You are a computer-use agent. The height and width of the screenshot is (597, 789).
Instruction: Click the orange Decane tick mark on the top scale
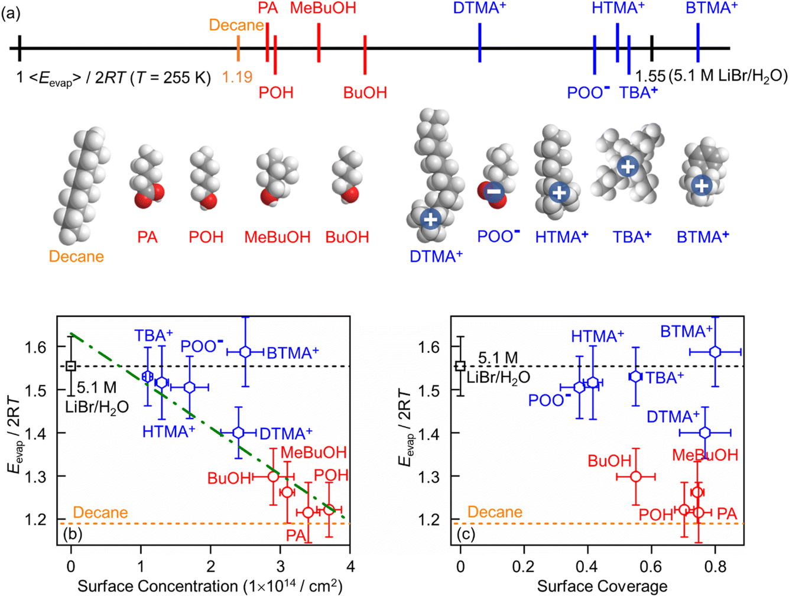[x=238, y=48]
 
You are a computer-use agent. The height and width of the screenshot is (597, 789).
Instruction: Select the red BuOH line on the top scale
[x=365, y=54]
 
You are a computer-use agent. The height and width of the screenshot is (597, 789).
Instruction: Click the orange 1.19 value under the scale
[x=237, y=77]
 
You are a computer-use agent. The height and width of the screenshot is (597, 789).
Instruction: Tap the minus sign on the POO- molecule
[x=494, y=191]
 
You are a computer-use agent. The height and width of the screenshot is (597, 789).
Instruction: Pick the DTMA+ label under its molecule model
[x=436, y=257]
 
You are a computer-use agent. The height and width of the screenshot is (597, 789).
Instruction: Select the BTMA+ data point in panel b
[x=245, y=352]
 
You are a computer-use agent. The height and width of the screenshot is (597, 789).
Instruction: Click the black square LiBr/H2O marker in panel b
[x=71, y=366]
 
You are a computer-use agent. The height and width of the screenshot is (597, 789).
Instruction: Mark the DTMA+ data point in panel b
[x=238, y=433]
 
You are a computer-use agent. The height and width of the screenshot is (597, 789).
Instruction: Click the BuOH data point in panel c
[x=636, y=476]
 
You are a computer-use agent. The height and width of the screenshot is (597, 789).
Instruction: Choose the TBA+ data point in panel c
[x=635, y=376]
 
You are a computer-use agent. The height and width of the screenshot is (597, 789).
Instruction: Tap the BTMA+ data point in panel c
[x=715, y=352]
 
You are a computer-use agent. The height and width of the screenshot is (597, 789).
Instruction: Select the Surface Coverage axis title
[x=602, y=586]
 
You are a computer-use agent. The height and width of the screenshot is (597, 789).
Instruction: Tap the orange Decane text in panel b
[x=100, y=512]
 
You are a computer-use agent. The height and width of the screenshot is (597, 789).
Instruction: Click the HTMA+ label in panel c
[x=597, y=336]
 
